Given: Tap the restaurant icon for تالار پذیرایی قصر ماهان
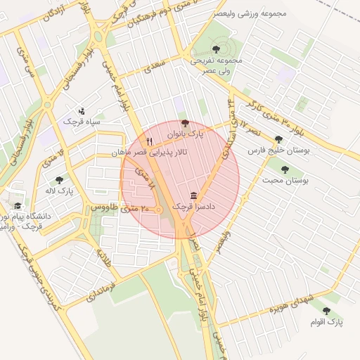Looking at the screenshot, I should point(149,141).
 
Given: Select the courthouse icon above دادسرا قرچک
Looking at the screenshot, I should point(193,195).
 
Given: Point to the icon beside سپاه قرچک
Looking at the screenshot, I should point(82,110).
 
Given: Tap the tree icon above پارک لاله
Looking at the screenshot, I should point(58,180).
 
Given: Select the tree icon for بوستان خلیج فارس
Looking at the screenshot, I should point(279,139).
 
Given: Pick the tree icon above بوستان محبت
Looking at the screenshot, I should point(285,169).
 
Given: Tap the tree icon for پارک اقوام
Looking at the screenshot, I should point(326,310).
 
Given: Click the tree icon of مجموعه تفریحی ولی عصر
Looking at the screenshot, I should point(215,49).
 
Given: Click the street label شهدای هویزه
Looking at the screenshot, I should point(278,307).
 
